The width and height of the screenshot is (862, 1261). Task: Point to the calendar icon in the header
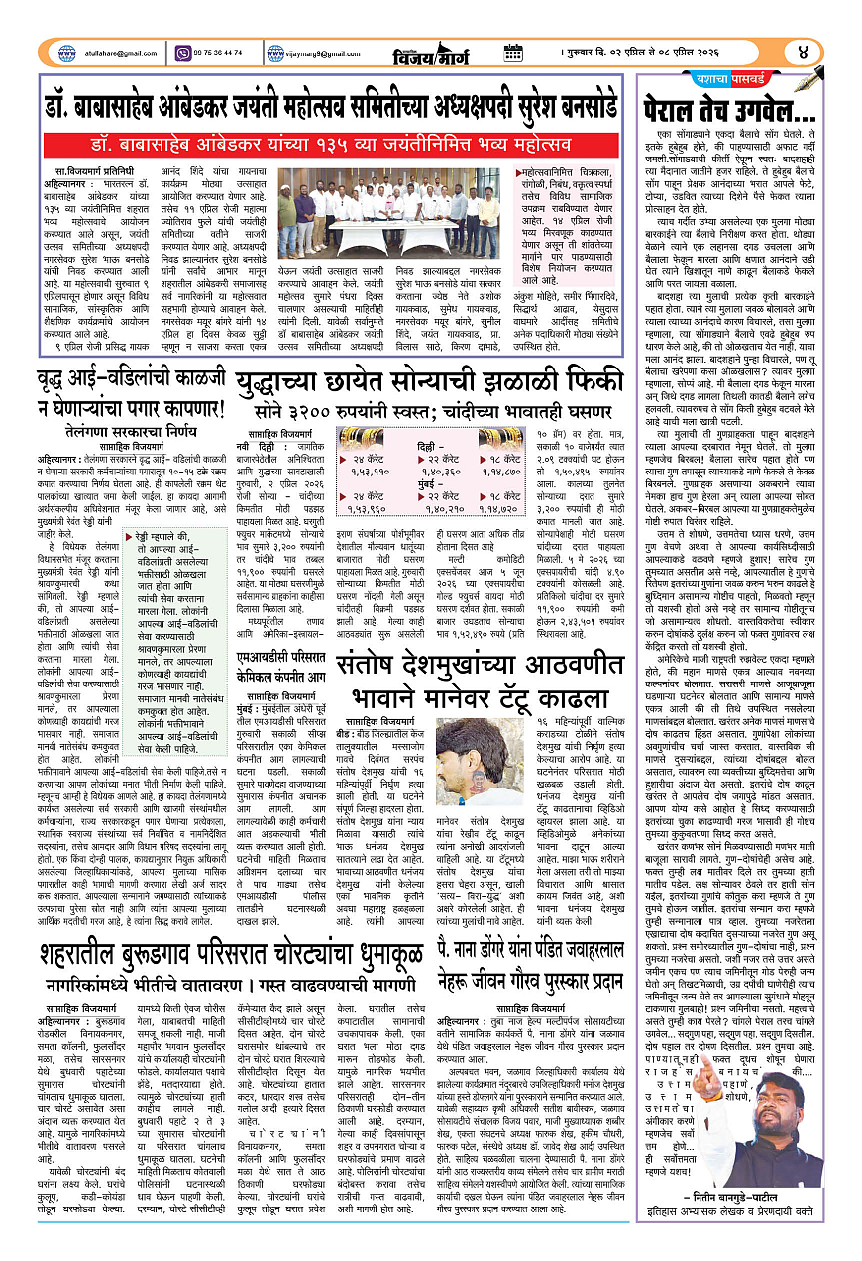pyautogui.click(x=512, y=52)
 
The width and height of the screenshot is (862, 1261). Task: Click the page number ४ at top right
pyautogui.click(x=803, y=52)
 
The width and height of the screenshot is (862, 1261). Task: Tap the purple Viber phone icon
pyautogui.click(x=182, y=52)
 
